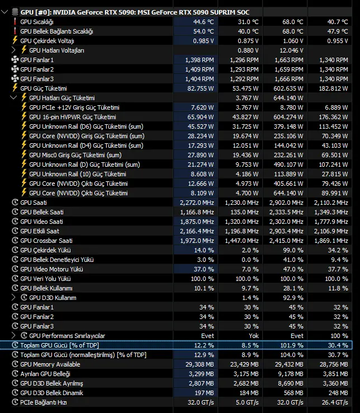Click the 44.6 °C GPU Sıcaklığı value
coord(203,22)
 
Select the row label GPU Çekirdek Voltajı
coord(47,41)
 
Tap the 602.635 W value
coord(288,88)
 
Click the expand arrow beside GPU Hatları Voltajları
coord(13,50)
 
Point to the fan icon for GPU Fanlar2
coord(15,69)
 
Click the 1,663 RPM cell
coord(289,60)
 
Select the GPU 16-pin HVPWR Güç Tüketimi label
coord(73,117)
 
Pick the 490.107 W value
coord(288,165)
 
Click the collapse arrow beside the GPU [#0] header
coord(4,12)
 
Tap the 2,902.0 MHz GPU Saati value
coord(286,203)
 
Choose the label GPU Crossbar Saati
coord(46,241)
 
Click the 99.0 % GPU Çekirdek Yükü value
coord(293,250)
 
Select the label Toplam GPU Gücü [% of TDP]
coord(60,345)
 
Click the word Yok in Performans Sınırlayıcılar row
coord(254,336)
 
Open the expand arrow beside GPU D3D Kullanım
coord(13,297)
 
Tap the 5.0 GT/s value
coord(247,402)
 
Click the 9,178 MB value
coord(291,374)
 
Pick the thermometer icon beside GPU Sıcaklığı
coord(15,22)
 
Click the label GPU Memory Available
coord(50,364)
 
